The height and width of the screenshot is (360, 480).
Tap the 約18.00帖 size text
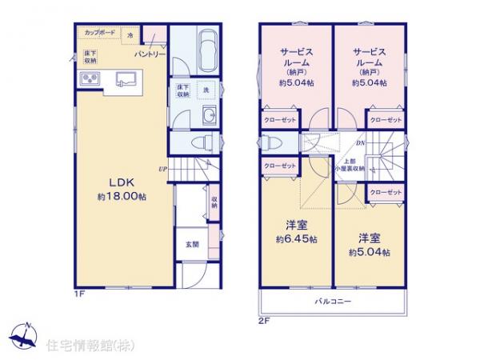coord(110,195)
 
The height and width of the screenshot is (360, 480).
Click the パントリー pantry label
coord(146,54)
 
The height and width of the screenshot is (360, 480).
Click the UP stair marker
coord(162,169)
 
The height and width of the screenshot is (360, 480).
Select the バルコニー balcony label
coord(330,302)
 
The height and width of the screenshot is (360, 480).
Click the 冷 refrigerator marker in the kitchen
coord(130,35)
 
